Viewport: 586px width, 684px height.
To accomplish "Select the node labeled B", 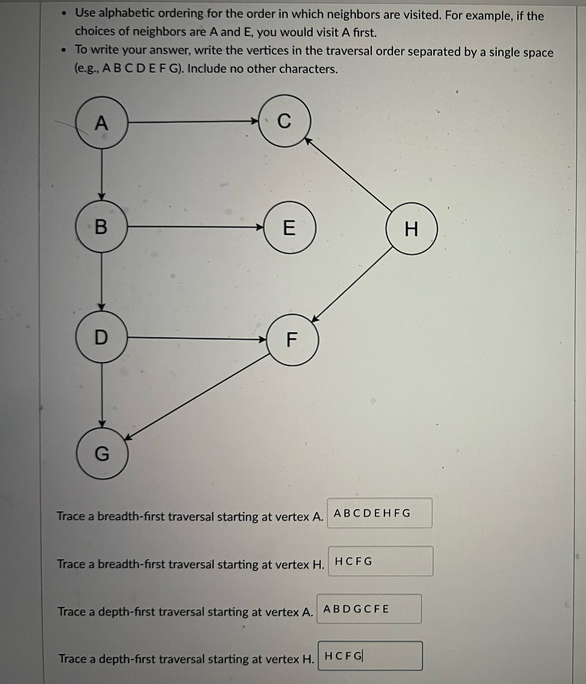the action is pos(101,227).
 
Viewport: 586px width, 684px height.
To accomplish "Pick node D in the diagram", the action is pos(101,337).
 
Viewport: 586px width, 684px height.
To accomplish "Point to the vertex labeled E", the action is pos(290,227).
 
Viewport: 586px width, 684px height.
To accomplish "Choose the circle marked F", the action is pos(292,340).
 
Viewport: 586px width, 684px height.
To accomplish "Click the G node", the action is pos(102,454).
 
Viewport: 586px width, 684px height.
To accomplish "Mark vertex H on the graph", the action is pos(411,229).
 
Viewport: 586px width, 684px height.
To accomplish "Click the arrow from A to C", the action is pos(192,122).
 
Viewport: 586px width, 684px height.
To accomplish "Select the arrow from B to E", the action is pos(195,227).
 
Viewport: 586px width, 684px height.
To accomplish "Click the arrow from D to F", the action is pos(197,338).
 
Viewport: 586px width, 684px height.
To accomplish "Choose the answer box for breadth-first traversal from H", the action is pos(380,561).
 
